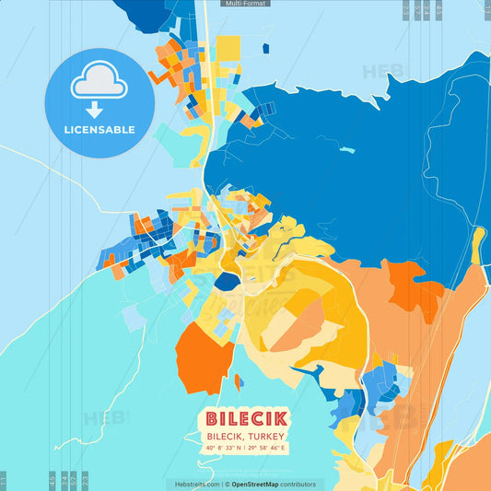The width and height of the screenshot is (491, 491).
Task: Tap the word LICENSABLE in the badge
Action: [99, 130]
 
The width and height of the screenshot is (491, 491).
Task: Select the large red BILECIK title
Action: [246, 417]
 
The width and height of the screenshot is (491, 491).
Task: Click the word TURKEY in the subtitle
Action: [267, 436]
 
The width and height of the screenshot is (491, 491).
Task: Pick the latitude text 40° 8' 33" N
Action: [224, 448]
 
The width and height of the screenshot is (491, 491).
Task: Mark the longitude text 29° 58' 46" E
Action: [268, 448]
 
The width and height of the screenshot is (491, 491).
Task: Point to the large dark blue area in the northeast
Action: [368, 157]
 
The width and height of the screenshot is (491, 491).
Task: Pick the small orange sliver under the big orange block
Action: [238, 381]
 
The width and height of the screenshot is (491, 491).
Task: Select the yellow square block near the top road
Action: [228, 48]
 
